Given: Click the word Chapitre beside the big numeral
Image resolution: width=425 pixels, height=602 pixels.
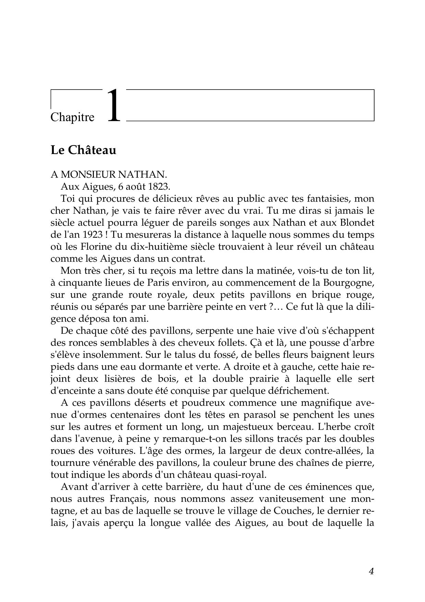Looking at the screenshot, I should click(72, 117).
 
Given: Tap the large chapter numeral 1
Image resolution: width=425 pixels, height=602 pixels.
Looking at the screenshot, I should click(114, 106).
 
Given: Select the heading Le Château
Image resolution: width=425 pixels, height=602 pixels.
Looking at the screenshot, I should click(83, 150).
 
